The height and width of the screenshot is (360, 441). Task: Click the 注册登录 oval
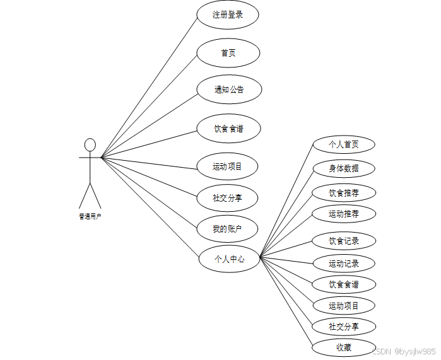point(228,15)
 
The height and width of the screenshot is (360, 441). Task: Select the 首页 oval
point(228,53)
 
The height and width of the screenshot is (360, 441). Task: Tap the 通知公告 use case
point(229,90)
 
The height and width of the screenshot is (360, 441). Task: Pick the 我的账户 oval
point(227,228)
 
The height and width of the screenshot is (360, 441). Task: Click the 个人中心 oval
point(229,258)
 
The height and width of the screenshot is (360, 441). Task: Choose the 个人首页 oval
point(344,144)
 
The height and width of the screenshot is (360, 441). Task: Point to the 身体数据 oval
point(344,168)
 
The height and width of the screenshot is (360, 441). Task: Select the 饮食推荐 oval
point(344,192)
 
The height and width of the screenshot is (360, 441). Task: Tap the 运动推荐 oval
point(344,214)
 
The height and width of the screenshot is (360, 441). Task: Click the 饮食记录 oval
point(344,241)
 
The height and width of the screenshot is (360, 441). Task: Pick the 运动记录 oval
point(344,264)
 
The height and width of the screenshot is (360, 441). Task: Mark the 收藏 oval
point(344,347)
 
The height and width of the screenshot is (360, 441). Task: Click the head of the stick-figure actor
point(90,145)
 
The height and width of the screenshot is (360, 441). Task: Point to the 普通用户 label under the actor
point(90,216)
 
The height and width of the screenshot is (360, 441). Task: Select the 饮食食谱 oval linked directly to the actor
point(228,129)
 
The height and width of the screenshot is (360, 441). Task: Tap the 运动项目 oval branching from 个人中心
point(344,306)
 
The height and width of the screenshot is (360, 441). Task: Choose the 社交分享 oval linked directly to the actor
point(227,198)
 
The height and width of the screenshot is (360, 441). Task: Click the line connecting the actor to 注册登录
point(149,86)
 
